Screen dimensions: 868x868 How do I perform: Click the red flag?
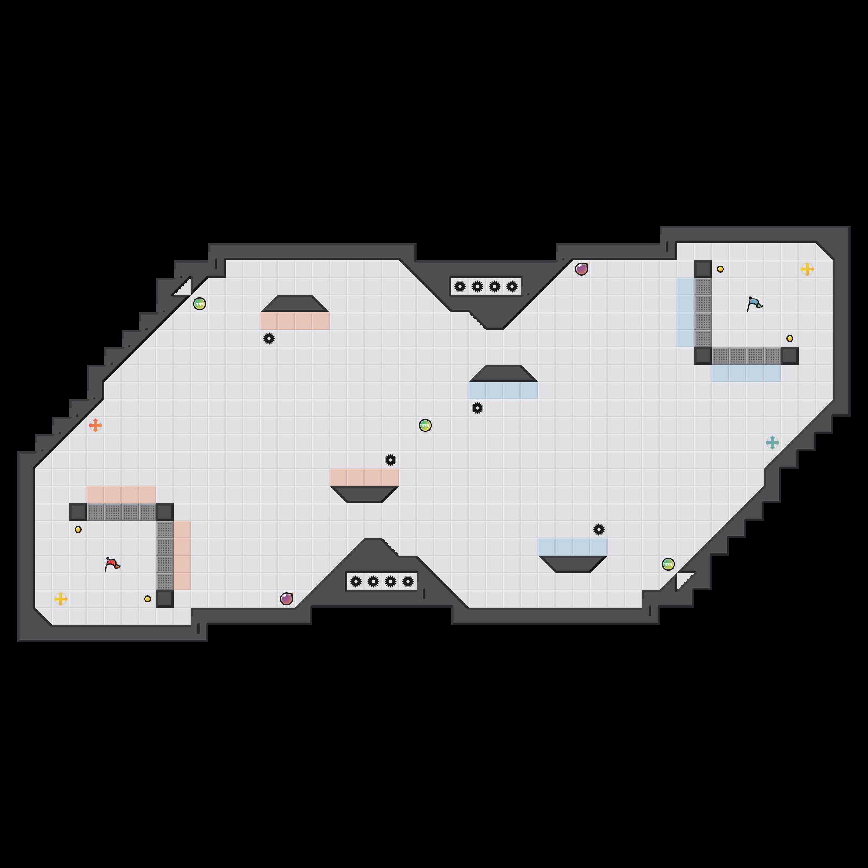(x=112, y=564)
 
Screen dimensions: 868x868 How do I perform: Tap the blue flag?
(x=754, y=304)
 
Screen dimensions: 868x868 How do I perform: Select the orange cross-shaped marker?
(x=95, y=425)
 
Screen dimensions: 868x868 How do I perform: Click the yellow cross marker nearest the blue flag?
(x=807, y=269)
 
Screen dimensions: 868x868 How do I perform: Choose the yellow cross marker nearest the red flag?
(x=61, y=598)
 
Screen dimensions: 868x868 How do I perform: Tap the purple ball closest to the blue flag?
(x=582, y=269)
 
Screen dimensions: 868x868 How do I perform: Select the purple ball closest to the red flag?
(x=286, y=598)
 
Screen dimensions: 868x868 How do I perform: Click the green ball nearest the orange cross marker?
(x=200, y=304)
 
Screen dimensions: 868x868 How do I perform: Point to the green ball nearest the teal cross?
(x=668, y=564)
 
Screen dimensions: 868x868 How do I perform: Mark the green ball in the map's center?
(x=425, y=425)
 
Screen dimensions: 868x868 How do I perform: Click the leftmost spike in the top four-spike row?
(x=460, y=286)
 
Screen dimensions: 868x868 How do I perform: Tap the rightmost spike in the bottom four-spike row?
(x=408, y=582)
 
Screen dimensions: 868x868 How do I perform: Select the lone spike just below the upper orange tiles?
(x=269, y=339)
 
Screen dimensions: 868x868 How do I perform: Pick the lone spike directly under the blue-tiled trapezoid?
(x=477, y=408)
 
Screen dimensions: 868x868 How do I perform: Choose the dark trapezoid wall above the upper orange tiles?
(x=295, y=304)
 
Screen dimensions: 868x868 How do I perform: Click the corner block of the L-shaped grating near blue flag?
(x=703, y=356)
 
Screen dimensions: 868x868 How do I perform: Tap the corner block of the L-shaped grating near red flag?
(x=165, y=512)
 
